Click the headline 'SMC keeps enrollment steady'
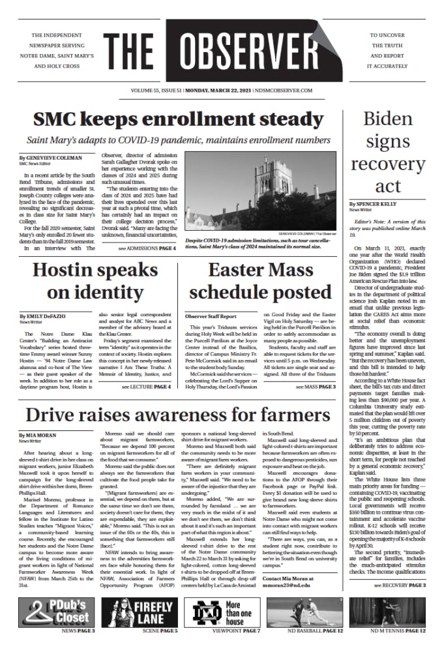178,120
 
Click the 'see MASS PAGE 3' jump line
316,387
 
